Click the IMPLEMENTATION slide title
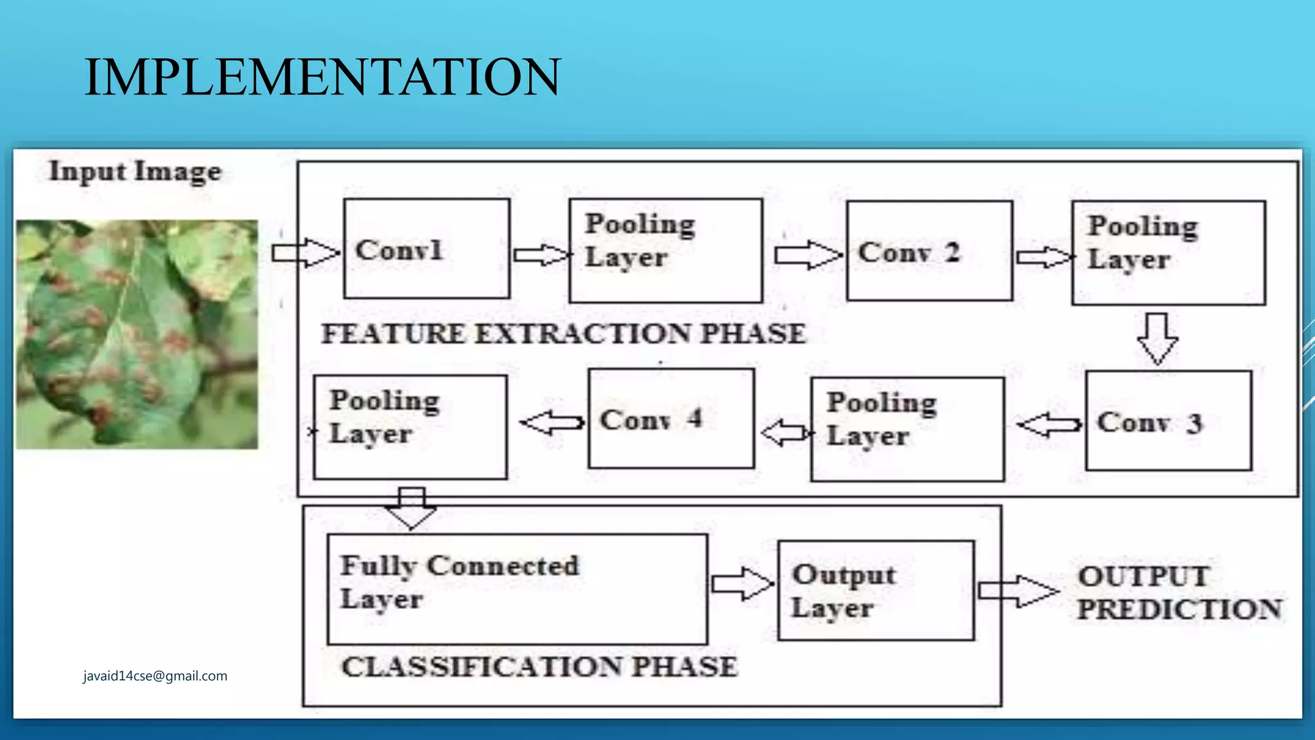coord(322,77)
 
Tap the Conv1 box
coord(426,249)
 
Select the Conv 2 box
coord(929,251)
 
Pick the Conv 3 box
coord(1168,421)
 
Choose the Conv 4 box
coord(671,418)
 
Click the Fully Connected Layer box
coord(517,589)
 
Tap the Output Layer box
coord(875,590)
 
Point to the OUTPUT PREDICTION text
coord(1179,593)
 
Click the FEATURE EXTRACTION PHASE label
coord(563,333)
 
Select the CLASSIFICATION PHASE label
coord(539,667)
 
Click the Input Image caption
coord(135,172)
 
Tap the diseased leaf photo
coord(137,334)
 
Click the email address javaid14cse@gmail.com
coord(155,676)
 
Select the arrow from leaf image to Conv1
coord(305,252)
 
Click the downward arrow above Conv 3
coord(1157,339)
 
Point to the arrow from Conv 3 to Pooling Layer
coord(1049,425)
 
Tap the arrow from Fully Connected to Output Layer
coord(742,584)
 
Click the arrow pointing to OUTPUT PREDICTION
coord(1018,590)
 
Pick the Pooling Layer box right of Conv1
coord(665,250)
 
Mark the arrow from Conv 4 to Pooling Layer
coord(552,423)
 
